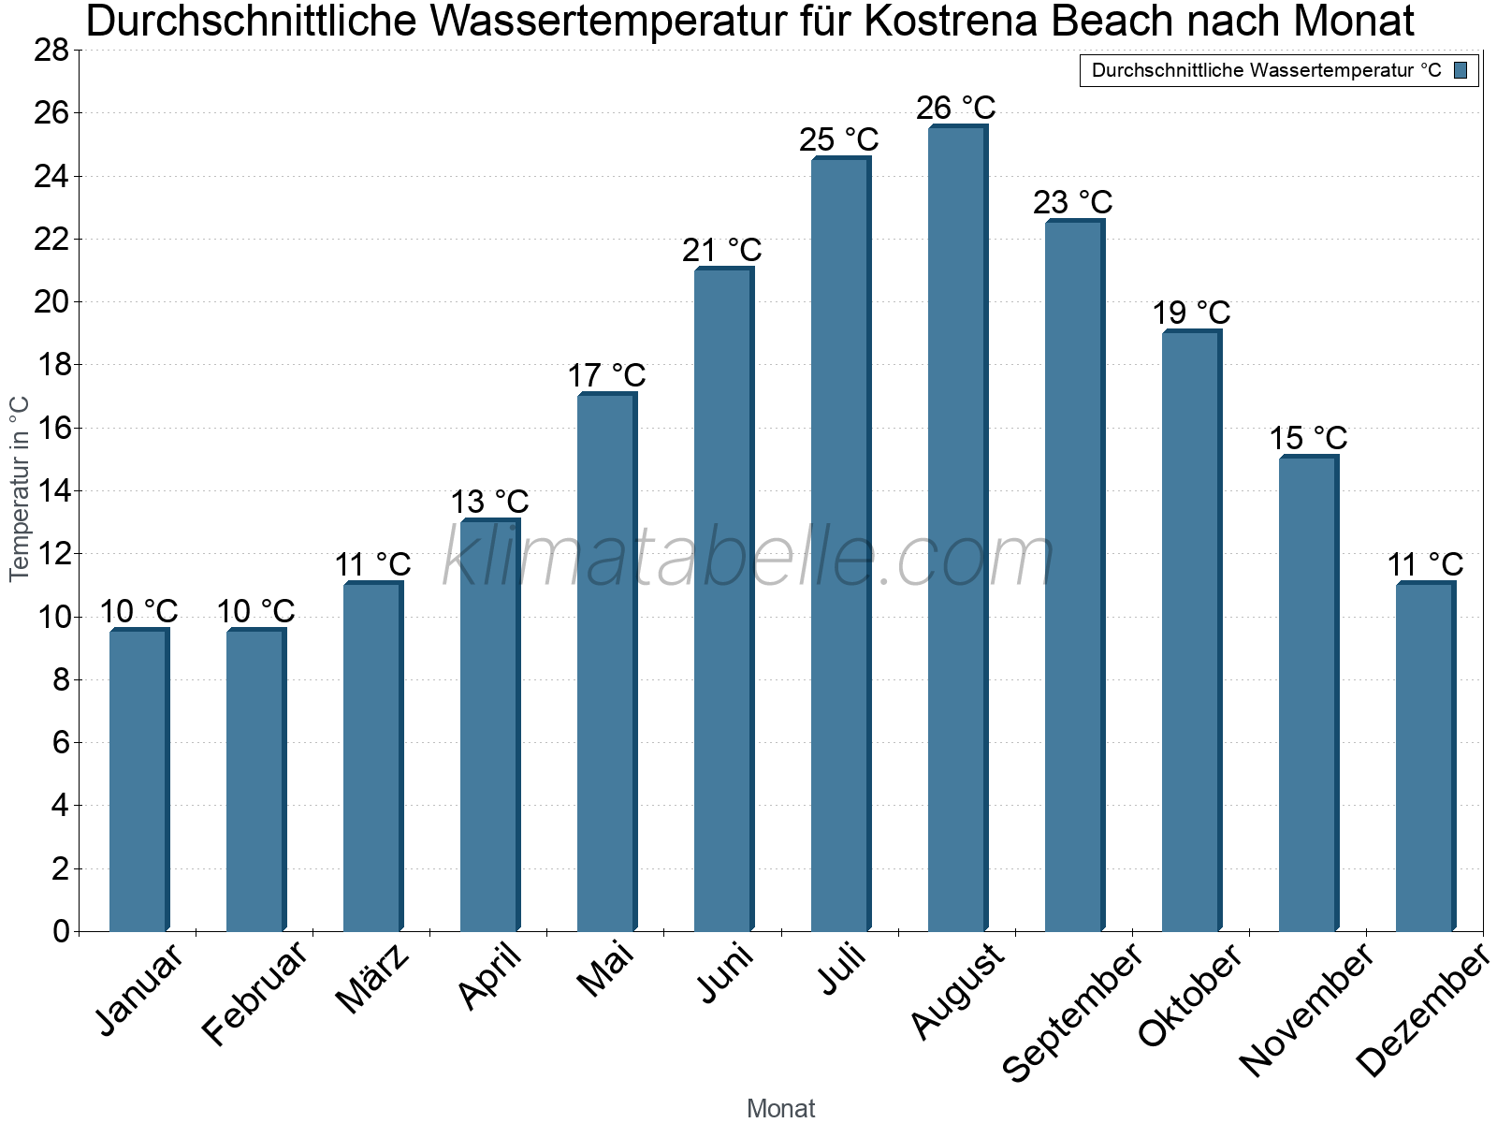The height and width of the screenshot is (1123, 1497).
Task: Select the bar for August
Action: pyautogui.click(x=957, y=529)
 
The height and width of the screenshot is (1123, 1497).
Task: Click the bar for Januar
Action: pyautogui.click(x=138, y=780)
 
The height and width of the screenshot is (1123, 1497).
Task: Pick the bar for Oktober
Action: pyautogui.click(x=1191, y=632)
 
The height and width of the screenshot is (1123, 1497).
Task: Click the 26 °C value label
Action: pyautogui.click(x=956, y=108)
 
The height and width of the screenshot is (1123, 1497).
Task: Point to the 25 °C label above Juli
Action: pyautogui.click(x=839, y=139)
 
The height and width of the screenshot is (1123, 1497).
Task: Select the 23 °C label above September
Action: pyautogui.click(x=1073, y=202)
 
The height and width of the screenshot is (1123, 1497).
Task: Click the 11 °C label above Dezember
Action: pyautogui.click(x=1425, y=564)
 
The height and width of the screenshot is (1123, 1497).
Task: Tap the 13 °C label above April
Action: pyautogui.click(x=489, y=502)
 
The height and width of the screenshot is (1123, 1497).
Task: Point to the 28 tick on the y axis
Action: pyautogui.click(x=52, y=50)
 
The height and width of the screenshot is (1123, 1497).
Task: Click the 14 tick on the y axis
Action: pyautogui.click(x=52, y=490)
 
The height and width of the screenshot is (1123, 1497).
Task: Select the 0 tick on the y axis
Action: pyautogui.click(x=61, y=931)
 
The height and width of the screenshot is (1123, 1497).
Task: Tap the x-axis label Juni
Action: pyautogui.click(x=726, y=973)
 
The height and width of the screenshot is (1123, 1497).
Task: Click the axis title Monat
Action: pyautogui.click(x=781, y=1108)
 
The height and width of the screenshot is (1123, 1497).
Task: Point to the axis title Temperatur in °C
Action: pyautogui.click(x=20, y=489)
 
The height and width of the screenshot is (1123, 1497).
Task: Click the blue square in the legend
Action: pyautogui.click(x=1461, y=70)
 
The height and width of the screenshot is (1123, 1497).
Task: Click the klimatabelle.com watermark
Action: pyautogui.click(x=748, y=558)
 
